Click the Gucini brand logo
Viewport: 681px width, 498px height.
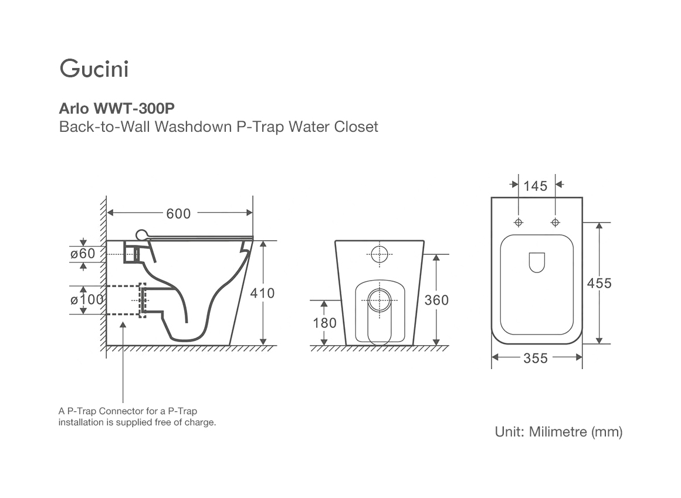(94, 69)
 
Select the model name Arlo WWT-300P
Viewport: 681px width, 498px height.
(117, 108)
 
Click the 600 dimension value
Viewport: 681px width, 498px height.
(178, 214)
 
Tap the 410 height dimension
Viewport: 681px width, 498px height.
(262, 292)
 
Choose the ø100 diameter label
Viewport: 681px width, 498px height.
(87, 299)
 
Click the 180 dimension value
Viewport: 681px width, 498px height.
(324, 323)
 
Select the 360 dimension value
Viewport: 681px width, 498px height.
(436, 300)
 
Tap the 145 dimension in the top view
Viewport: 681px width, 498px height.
(535, 186)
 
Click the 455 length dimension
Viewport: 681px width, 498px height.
(599, 283)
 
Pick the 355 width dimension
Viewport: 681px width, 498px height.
(536, 358)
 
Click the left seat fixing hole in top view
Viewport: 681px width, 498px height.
(519, 223)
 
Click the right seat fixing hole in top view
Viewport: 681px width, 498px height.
(555, 223)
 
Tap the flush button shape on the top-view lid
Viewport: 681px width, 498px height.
(537, 262)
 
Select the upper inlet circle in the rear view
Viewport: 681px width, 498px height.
(380, 254)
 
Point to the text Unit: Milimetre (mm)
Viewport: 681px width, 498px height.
(558, 432)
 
